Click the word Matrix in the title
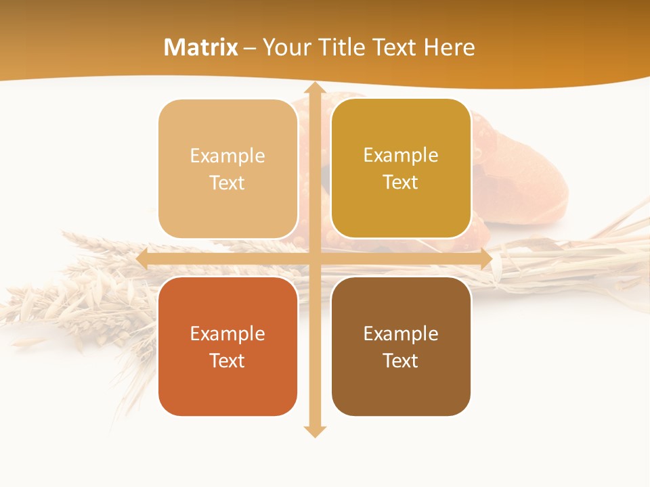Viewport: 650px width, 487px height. click(201, 47)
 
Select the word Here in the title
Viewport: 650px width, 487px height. click(449, 47)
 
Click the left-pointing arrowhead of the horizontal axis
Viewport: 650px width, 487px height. click(142, 259)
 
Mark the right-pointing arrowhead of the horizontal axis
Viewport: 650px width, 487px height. click(486, 259)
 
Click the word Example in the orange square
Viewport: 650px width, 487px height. click(227, 333)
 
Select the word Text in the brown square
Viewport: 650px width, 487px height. click(401, 361)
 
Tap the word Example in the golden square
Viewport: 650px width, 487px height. click(401, 155)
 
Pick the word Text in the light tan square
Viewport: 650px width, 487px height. click(227, 183)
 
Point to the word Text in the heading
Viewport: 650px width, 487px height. click(393, 47)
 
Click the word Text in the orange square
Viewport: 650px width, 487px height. click(227, 361)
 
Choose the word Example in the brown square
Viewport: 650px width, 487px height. click(401, 333)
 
